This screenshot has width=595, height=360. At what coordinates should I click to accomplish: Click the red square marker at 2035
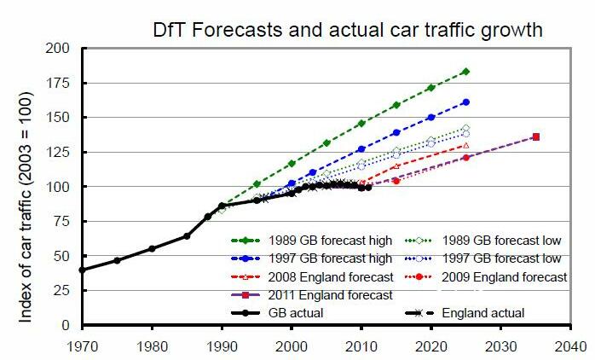tap(535, 136)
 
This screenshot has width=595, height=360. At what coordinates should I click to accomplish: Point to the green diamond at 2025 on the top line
tap(465, 72)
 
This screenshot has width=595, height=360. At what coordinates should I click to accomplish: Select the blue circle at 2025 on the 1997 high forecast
tap(465, 102)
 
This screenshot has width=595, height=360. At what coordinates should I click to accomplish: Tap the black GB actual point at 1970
tap(83, 270)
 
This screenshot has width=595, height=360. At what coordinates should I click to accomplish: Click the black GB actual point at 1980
tap(152, 248)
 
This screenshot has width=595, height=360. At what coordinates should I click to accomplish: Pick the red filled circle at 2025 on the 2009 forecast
tap(465, 158)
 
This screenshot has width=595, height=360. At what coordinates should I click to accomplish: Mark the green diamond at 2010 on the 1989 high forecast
tap(361, 123)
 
